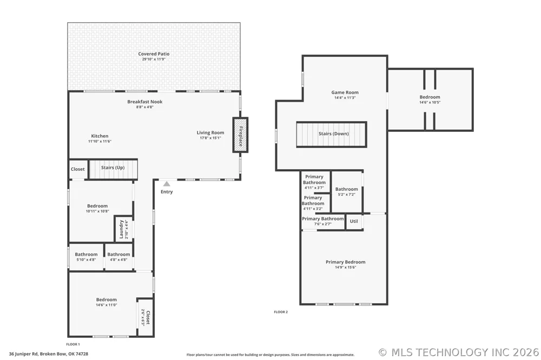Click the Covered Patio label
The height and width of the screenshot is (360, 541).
pyautogui.click(x=154, y=54)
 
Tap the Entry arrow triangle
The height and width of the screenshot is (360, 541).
pyautogui.click(x=167, y=184)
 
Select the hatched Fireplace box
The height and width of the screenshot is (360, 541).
pyautogui.click(x=240, y=135)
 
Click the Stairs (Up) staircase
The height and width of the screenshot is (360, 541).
pyautogui.click(x=113, y=169)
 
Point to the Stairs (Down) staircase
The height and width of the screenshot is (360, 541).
pyautogui.click(x=331, y=134)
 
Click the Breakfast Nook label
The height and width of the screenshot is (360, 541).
pyautogui.click(x=145, y=102)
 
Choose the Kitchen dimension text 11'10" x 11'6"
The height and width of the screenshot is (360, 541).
pyautogui.click(x=100, y=141)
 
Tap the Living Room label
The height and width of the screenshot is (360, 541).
pyautogui.click(x=210, y=132)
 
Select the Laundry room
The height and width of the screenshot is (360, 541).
pyautogui.click(x=123, y=229)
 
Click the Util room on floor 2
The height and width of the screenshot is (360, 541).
pyautogui.click(x=354, y=222)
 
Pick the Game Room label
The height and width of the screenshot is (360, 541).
pyautogui.click(x=345, y=92)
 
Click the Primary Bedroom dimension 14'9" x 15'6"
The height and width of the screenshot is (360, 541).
pyautogui.click(x=345, y=267)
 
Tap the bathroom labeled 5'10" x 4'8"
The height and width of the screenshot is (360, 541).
pyautogui.click(x=86, y=257)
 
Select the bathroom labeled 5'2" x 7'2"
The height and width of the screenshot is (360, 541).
pyautogui.click(x=347, y=192)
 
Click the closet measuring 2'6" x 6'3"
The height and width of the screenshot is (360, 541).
pyautogui.click(x=145, y=317)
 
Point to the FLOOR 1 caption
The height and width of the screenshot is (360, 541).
pyautogui.click(x=73, y=344)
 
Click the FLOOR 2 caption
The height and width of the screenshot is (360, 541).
pyautogui.click(x=281, y=312)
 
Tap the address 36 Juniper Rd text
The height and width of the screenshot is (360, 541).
pyautogui.click(x=49, y=354)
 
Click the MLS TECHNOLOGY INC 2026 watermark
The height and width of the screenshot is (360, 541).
pyautogui.click(x=459, y=352)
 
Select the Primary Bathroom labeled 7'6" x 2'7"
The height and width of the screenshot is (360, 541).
pyautogui.click(x=323, y=222)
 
